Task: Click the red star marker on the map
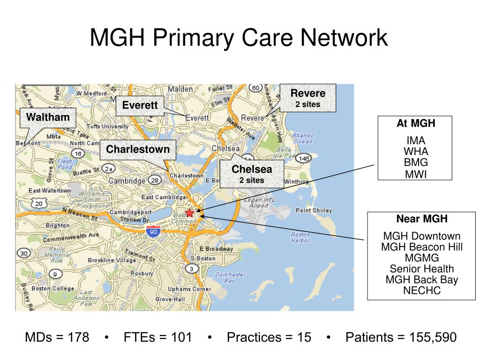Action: pyautogui.click(x=189, y=213)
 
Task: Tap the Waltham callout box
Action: pyautogui.click(x=48, y=117)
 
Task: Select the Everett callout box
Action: pyautogui.click(x=140, y=105)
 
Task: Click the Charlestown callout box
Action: pyautogui.click(x=138, y=150)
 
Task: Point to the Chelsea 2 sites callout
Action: pyautogui.click(x=252, y=173)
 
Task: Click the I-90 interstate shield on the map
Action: pyautogui.click(x=152, y=231)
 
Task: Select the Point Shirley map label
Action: pyautogui.click(x=314, y=210)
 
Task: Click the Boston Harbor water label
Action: pyautogui.click(x=300, y=237)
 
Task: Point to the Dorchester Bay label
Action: pyautogui.click(x=230, y=277)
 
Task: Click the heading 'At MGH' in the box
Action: pyautogui.click(x=415, y=124)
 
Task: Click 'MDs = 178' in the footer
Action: pyautogui.click(x=57, y=337)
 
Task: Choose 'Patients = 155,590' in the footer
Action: pyautogui.click(x=401, y=337)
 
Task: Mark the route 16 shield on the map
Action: pyautogui.click(x=78, y=154)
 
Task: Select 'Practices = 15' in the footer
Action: pyautogui.click(x=269, y=337)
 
